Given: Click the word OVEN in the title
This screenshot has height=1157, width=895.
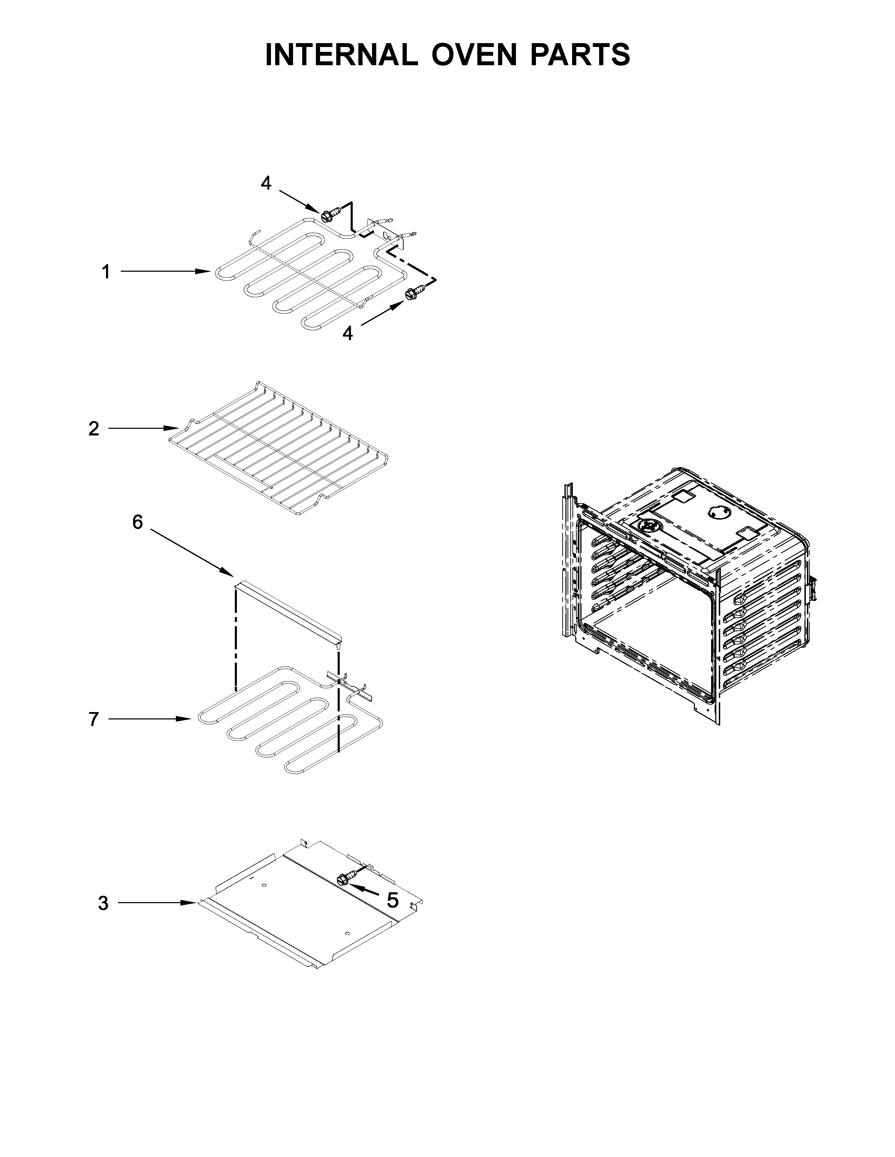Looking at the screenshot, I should (x=473, y=55).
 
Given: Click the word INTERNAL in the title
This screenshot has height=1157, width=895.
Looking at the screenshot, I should (x=341, y=55).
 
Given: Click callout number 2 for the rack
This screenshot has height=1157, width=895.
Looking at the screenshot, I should (x=94, y=428).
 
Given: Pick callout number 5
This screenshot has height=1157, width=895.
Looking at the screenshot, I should (x=392, y=900).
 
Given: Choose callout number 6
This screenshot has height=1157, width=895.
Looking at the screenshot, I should (x=137, y=522).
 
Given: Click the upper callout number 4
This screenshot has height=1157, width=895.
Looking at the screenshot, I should (x=266, y=183).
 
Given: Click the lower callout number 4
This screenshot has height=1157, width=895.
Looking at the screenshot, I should (x=347, y=333).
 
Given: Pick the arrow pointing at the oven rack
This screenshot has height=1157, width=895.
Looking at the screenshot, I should (x=143, y=428).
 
